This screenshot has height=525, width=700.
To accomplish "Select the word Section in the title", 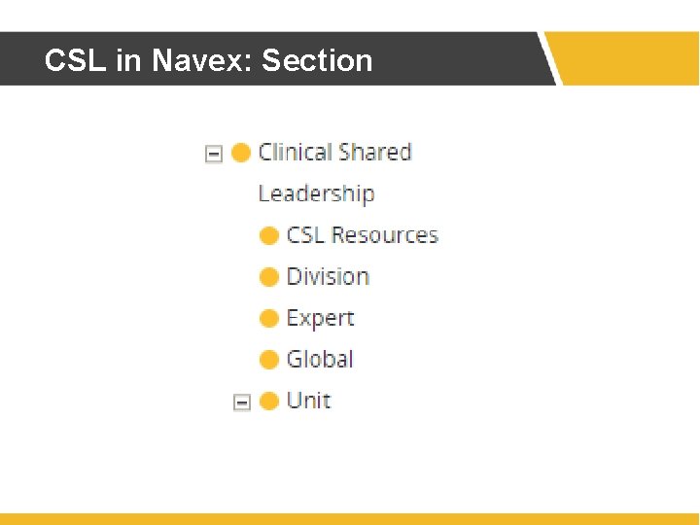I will pyautogui.click(x=317, y=60).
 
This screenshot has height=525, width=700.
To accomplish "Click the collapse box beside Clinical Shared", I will pyautogui.click(x=214, y=154).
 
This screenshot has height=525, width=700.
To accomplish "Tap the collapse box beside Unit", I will pyautogui.click(x=242, y=402).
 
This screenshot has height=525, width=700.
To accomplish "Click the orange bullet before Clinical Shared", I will pyautogui.click(x=241, y=153).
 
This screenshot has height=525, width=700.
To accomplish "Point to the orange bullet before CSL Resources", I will pyautogui.click(x=269, y=235).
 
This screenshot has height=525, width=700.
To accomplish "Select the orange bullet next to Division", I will pyautogui.click(x=269, y=277).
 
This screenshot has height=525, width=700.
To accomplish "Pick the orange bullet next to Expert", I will pyautogui.click(x=269, y=318).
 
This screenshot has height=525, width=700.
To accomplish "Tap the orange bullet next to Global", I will pyautogui.click(x=269, y=360).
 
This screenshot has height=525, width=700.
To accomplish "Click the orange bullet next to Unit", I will pyautogui.click(x=269, y=401).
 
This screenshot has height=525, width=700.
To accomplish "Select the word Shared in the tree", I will pyautogui.click(x=376, y=153).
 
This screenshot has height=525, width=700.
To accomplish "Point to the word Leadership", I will pyautogui.click(x=316, y=193).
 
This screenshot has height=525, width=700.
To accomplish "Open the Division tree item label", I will pyautogui.click(x=328, y=277).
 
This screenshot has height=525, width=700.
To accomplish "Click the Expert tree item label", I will pyautogui.click(x=320, y=319).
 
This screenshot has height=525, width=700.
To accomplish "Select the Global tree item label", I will pyautogui.click(x=320, y=360).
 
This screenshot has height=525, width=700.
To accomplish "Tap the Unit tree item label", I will pyautogui.click(x=308, y=401).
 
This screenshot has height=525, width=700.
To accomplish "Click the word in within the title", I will pyautogui.click(x=127, y=60).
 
